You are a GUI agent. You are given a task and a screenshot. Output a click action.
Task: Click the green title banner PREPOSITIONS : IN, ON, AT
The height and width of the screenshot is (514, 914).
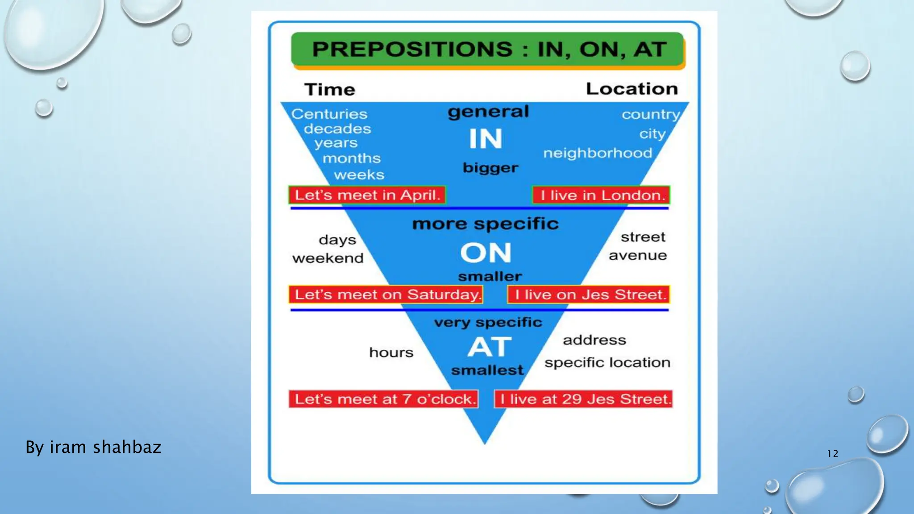pyautogui.click(x=487, y=49)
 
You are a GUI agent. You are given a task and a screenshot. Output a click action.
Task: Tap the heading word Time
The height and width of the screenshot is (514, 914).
pyautogui.click(x=330, y=90)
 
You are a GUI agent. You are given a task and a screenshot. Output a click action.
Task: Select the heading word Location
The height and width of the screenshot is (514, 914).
pyautogui.click(x=631, y=89)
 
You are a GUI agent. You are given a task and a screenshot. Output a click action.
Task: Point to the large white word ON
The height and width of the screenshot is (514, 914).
pyautogui.click(x=486, y=253)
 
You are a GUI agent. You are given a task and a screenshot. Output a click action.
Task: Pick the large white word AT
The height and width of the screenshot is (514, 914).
pyautogui.click(x=489, y=347)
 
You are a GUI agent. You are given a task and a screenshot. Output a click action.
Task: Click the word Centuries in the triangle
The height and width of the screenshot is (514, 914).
pyautogui.click(x=329, y=114)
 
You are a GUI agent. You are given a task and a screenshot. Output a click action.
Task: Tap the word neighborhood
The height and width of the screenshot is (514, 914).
pyautogui.click(x=598, y=153)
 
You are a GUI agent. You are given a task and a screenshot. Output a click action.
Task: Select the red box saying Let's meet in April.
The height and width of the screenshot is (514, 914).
pyautogui.click(x=367, y=195)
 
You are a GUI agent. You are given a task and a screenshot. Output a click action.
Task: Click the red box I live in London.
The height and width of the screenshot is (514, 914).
pyautogui.click(x=601, y=195)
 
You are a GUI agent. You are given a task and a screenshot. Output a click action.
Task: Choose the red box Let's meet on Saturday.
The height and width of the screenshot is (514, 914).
pyautogui.click(x=386, y=294)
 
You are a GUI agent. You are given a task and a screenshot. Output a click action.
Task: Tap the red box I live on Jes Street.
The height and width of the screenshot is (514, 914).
pyautogui.click(x=589, y=294)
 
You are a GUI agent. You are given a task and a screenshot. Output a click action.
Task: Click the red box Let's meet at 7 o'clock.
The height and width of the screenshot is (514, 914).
pyautogui.click(x=383, y=399)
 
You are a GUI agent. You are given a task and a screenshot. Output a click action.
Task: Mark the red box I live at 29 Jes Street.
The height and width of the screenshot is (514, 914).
pyautogui.click(x=583, y=399)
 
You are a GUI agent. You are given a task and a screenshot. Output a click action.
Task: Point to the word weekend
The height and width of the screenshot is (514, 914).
pyautogui.click(x=328, y=258)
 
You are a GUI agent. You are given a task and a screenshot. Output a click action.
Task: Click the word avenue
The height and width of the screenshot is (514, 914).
pyautogui.click(x=638, y=256)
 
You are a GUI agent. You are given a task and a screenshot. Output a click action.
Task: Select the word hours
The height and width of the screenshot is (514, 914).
pyautogui.click(x=391, y=352)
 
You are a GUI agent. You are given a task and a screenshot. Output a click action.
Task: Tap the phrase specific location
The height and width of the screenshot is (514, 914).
pyautogui.click(x=607, y=363)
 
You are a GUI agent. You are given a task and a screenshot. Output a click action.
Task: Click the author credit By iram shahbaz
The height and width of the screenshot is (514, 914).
pyautogui.click(x=93, y=447)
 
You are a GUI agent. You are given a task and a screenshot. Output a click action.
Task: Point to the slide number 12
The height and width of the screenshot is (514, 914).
pyautogui.click(x=832, y=454)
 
